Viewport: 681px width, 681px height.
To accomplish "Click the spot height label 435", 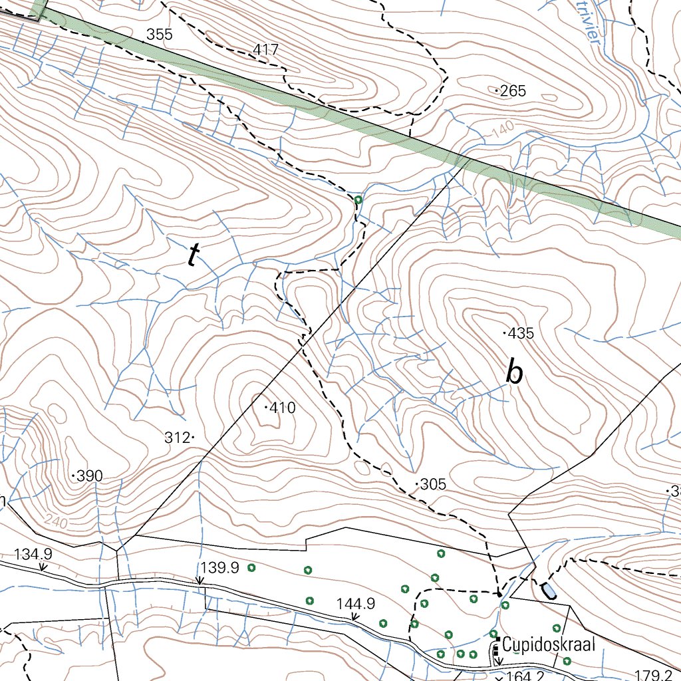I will click(x=521, y=334).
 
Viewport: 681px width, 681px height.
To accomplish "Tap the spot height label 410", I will click(x=283, y=408).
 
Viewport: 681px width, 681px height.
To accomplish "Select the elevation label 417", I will click(x=265, y=50).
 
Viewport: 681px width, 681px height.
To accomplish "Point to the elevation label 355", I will click(x=159, y=35).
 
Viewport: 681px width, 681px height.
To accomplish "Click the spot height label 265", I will click(x=513, y=91).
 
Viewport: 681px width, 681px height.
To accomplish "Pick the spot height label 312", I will click(x=177, y=438).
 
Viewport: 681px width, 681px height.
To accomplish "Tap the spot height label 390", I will click(x=90, y=476).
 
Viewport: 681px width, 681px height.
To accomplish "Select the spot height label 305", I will click(x=433, y=484).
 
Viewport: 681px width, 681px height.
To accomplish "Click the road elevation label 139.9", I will click(x=219, y=567).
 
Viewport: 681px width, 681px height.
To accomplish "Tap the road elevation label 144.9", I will click(x=356, y=604).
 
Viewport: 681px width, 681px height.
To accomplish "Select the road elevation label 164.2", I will click(x=525, y=676).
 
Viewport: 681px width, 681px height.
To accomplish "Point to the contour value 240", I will click(x=57, y=523).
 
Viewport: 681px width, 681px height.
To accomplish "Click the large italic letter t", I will click(x=193, y=255).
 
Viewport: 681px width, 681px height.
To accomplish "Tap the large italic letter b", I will click(x=513, y=373).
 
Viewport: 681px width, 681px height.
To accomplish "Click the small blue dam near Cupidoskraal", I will click(x=549, y=589).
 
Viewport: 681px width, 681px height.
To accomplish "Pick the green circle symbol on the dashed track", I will click(x=358, y=200).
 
